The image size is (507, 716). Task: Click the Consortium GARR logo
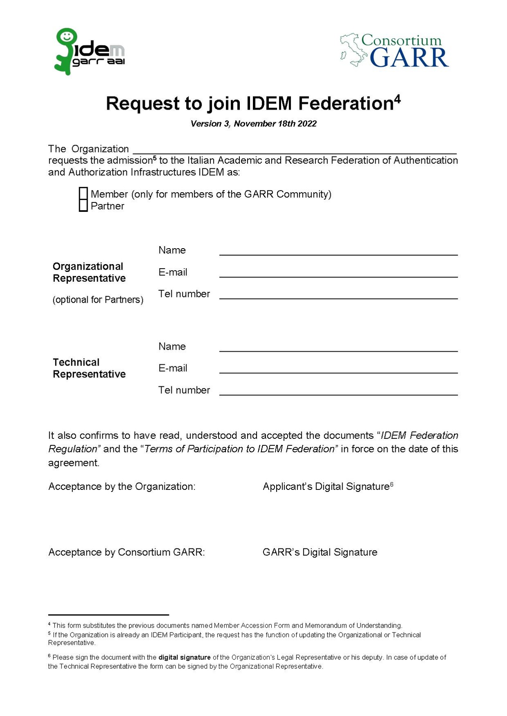point(394,51)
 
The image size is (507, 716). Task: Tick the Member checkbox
point(83,193)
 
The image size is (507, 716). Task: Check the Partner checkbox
point(83,205)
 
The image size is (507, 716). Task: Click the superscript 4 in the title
point(397,99)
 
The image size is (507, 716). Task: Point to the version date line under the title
point(253,123)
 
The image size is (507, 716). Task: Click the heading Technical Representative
point(89,368)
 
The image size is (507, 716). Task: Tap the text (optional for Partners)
point(98,300)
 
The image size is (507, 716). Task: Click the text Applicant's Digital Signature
point(326,486)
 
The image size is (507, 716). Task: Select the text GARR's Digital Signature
point(320,552)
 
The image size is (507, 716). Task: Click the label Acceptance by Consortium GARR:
point(126,552)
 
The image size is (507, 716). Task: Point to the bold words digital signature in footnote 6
point(185,657)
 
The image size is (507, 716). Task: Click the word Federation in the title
point(346,104)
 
